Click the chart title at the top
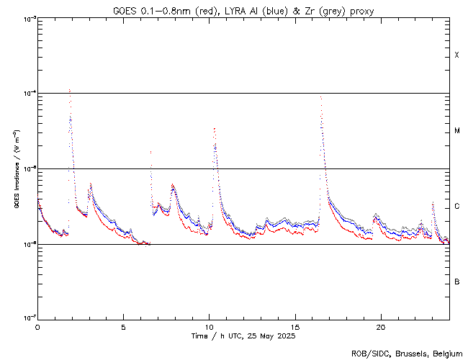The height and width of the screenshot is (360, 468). coord(243,11)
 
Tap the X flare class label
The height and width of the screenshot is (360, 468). coord(456,55)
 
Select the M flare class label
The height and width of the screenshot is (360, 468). coord(457,131)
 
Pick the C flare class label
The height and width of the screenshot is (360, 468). coord(457,207)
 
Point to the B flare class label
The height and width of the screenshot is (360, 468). coord(457,282)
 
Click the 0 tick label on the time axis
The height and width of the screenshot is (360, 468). coord(37,326)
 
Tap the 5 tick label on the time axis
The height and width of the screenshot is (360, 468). coord(123,326)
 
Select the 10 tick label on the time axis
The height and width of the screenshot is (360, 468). coord(209,326)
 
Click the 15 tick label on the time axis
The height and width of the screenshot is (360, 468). coord(295,326)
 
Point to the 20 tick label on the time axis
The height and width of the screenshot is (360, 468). coord(381,326)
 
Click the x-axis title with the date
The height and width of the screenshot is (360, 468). coord(243,336)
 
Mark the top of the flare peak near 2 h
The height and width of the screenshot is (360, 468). coord(69,89)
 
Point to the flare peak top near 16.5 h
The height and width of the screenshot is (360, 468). coord(320,96)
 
